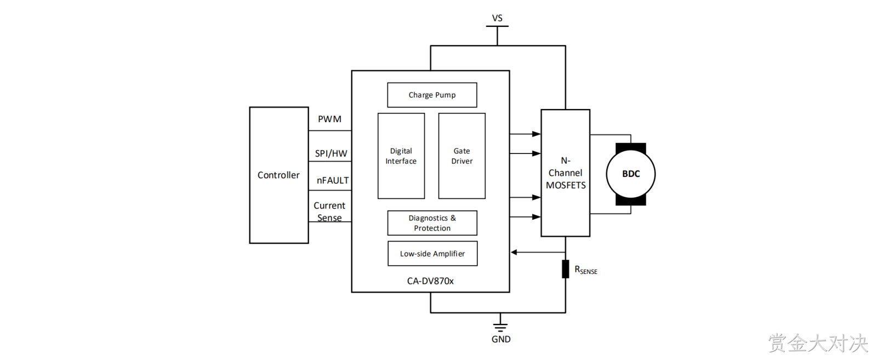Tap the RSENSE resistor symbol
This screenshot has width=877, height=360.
[565, 269]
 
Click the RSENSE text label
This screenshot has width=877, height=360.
[586, 270]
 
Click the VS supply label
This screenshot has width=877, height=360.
[497, 18]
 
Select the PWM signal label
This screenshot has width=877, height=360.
[329, 119]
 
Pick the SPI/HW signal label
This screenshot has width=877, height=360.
[331, 153]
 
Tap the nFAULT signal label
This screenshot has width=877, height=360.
[333, 180]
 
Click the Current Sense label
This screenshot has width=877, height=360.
[329, 212]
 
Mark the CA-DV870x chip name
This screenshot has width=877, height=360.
[430, 281]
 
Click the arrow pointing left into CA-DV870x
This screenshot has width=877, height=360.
[538, 253]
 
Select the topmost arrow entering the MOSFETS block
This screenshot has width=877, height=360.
[525, 134]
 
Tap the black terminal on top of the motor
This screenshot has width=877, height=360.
[631, 147]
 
